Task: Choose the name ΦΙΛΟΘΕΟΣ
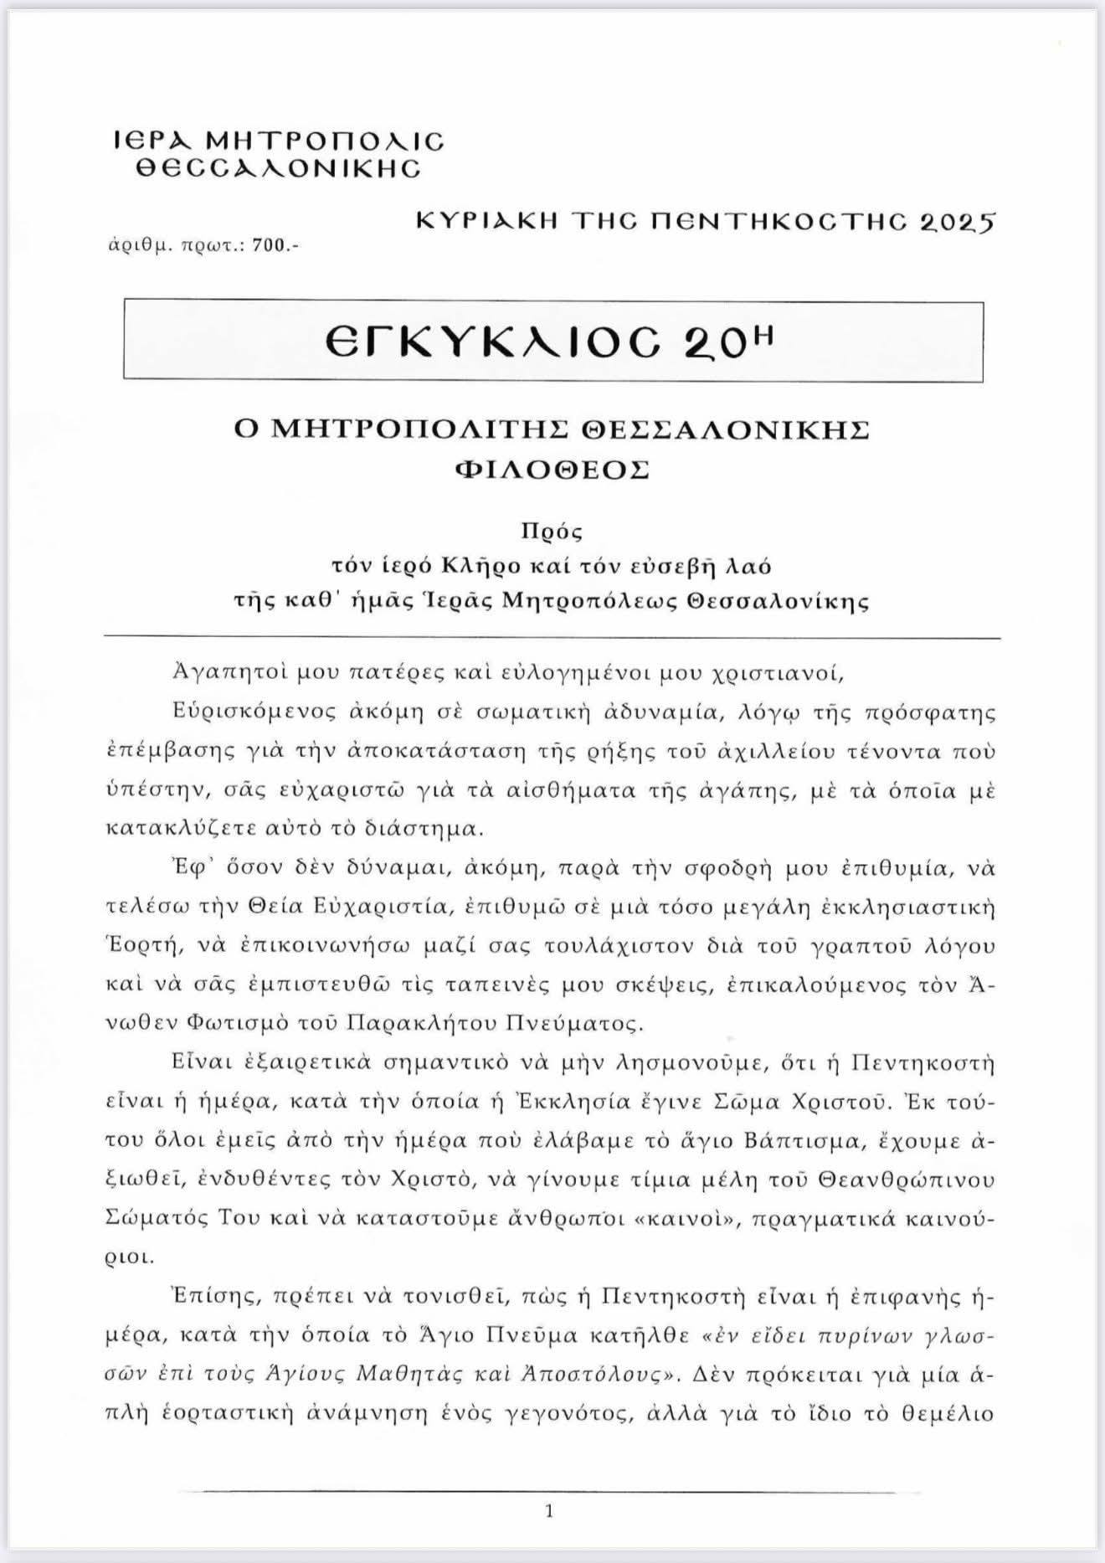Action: [552, 470]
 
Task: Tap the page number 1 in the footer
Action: [549, 1512]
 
